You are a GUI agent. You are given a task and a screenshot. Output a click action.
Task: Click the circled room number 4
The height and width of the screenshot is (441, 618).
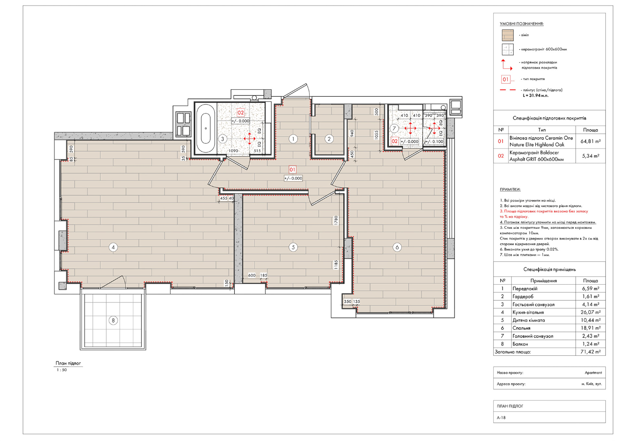pos(113,247)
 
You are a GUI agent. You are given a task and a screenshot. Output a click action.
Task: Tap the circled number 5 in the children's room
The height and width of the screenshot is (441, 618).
pos(293,247)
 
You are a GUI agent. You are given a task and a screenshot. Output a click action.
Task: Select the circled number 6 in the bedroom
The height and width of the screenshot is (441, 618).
pos(397,247)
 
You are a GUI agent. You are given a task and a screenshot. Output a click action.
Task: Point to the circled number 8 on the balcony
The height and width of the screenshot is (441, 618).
pos(113,320)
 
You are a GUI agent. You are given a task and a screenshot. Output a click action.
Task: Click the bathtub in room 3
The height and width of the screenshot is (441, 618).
pos(205,129)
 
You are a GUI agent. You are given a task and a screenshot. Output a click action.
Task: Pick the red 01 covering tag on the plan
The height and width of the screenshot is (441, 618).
pos(292,169)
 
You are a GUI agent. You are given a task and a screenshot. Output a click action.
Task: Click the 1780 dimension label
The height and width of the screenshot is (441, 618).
pos(336,220)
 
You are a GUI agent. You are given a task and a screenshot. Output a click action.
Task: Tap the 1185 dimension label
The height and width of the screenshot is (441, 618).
pos(336,265)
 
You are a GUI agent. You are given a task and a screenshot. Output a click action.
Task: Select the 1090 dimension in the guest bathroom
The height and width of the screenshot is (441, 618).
pos(233,151)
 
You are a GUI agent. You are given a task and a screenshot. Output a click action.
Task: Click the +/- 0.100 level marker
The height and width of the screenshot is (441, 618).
pos(435,142)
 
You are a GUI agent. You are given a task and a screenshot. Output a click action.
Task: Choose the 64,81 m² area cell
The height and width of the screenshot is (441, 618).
pos(591,141)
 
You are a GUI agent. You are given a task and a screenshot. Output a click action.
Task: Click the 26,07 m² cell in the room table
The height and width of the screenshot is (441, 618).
pos(591,312)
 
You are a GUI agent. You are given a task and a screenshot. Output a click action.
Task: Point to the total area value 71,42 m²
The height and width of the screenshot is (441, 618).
pos(591,352)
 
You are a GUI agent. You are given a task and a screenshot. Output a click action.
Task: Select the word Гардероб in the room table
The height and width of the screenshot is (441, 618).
pos(523,297)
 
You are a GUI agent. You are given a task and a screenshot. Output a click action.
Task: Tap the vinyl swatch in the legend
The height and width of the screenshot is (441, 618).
pos(508,35)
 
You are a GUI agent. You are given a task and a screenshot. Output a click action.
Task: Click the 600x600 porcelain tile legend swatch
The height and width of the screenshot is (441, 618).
pos(508,50)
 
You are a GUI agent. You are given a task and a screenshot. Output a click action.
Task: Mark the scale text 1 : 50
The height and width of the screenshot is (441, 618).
pos(62,370)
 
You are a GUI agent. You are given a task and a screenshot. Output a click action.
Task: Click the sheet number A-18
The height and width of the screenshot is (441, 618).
pos(501,418)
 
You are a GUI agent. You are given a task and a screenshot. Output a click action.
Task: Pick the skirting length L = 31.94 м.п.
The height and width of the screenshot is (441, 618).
pos(536,96)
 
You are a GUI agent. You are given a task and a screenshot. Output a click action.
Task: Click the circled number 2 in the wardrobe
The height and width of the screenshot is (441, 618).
pos(329,139)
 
